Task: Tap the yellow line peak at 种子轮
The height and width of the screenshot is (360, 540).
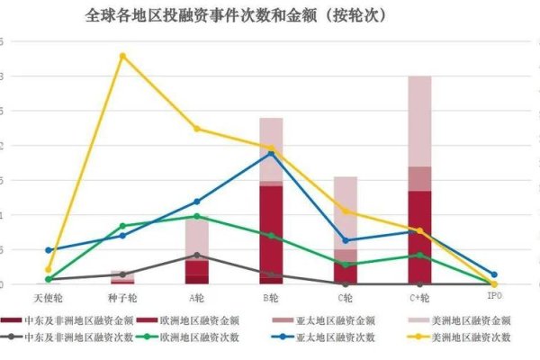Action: [123, 56]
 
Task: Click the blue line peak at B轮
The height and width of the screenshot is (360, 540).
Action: [271, 153]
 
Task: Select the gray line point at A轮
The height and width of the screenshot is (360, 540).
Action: [197, 255]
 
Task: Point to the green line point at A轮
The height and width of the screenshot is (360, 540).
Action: [197, 216]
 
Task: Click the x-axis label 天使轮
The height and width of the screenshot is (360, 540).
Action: [49, 296]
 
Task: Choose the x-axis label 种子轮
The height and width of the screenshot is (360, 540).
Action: [123, 296]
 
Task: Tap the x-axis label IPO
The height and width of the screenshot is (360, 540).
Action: [494, 296]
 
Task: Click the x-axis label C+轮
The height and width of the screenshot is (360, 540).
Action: [419, 296]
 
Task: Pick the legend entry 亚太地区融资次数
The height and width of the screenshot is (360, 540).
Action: [339, 337]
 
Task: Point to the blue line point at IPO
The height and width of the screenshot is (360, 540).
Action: [493, 274]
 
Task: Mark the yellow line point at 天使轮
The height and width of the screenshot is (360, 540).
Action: [49, 269]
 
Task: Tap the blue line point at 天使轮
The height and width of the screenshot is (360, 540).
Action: [49, 250]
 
